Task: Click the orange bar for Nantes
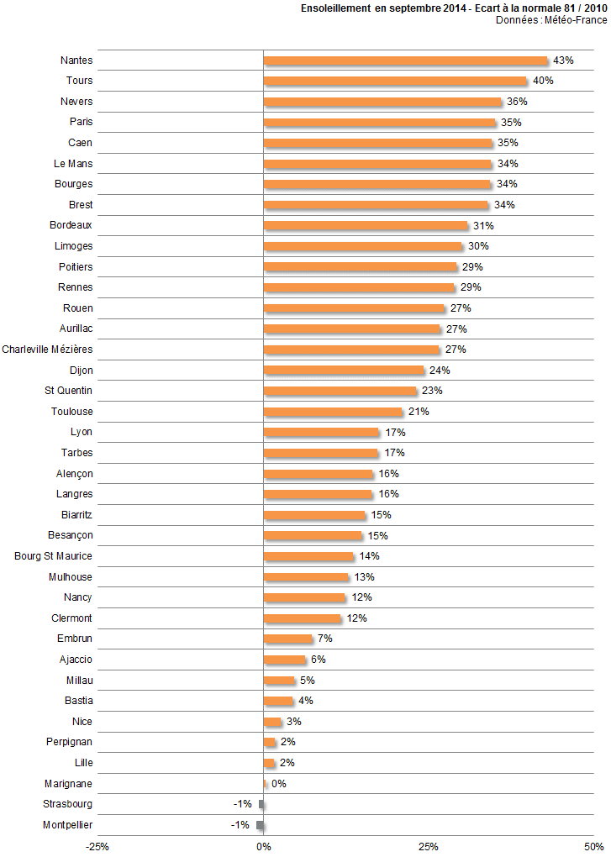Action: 405,60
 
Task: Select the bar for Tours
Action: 395,81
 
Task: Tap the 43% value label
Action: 563,60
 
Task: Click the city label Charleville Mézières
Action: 47,350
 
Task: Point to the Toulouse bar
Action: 333,412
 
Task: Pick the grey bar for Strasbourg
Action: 261,804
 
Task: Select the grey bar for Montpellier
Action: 260,825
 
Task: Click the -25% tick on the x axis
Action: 97,846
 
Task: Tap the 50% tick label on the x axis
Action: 593,846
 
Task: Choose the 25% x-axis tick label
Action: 429,846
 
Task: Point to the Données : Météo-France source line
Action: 551,20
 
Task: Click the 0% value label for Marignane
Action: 279,784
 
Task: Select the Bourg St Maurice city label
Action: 54,556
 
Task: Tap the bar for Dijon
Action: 344,371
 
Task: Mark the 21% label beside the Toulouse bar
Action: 419,412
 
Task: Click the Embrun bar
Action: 287,639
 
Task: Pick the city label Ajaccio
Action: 76,660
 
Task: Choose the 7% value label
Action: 324,639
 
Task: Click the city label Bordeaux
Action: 71,225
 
